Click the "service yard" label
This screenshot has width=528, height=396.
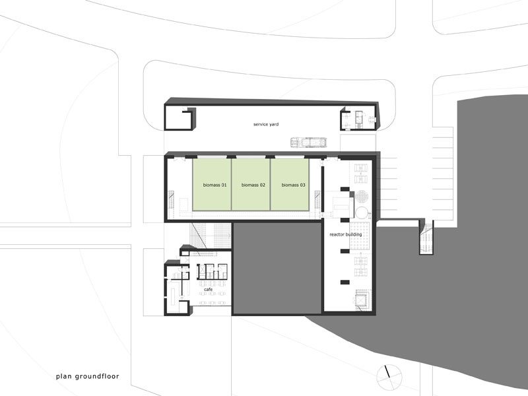pyautogui.click(x=266, y=124)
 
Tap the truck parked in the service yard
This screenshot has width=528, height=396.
pyautogui.click(x=308, y=142)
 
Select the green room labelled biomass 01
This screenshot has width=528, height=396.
pyautogui.click(x=212, y=185)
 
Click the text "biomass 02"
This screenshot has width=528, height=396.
pyautogui.click(x=253, y=185)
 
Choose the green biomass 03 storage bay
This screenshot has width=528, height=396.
pyautogui.click(x=290, y=185)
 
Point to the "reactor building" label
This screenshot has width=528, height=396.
pyautogui.click(x=345, y=234)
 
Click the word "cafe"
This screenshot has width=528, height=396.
pyautogui.click(x=208, y=289)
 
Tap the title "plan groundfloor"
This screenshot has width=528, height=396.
pyautogui.click(x=88, y=376)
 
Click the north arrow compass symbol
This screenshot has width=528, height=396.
pyautogui.click(x=389, y=377)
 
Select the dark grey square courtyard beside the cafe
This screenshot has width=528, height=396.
pyautogui.click(x=277, y=268)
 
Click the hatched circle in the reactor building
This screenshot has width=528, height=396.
pyautogui.click(x=362, y=197)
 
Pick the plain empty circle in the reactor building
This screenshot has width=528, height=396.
pyautogui.click(x=362, y=213)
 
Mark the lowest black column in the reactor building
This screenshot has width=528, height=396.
pyautogui.click(x=345, y=282)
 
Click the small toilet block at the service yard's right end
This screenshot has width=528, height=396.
pyautogui.click(x=358, y=119)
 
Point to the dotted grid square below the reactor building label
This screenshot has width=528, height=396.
pyautogui.click(x=360, y=236)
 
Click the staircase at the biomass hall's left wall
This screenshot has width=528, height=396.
pyautogui.click(x=171, y=201)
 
